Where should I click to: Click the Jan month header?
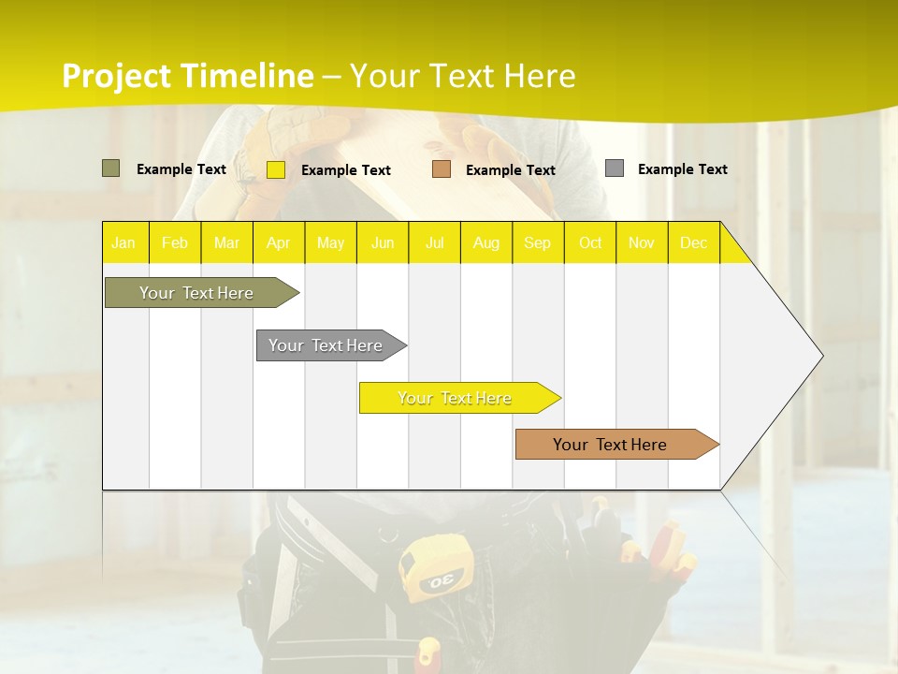tap(123, 242)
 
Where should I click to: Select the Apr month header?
tap(278, 242)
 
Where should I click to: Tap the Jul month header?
tap(434, 242)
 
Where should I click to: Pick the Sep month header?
tap(537, 242)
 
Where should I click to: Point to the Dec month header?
tap(693, 242)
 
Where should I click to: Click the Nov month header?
tap(641, 242)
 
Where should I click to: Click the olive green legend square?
tap(110, 168)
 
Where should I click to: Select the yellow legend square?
tap(275, 169)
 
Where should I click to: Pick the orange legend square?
tap(442, 169)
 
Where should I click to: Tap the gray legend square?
tap(614, 168)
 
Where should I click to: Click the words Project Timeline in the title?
tap(187, 76)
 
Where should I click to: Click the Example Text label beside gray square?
tap(682, 168)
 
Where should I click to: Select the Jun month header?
tap(383, 242)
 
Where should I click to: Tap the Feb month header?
tap(174, 242)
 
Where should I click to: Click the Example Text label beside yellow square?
tap(345, 169)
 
